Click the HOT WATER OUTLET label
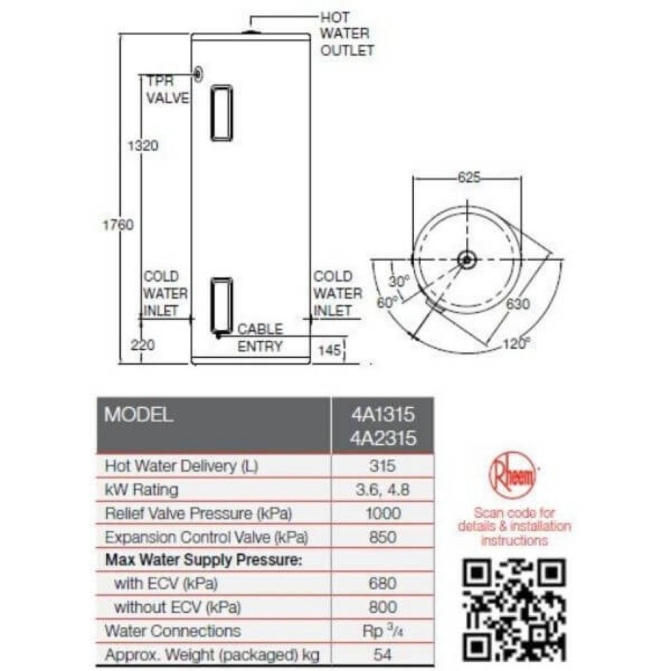coord(347,33)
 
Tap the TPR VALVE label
coord(166,89)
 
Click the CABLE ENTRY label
coord(260,337)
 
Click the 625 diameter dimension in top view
coord(468,178)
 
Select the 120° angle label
coord(517,343)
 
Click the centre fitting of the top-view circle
coord(466,260)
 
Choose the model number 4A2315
coord(383,438)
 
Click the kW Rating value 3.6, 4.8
coord(383,489)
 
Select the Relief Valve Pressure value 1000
coord(383,513)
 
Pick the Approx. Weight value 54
coord(383,654)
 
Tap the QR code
coord(514,611)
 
